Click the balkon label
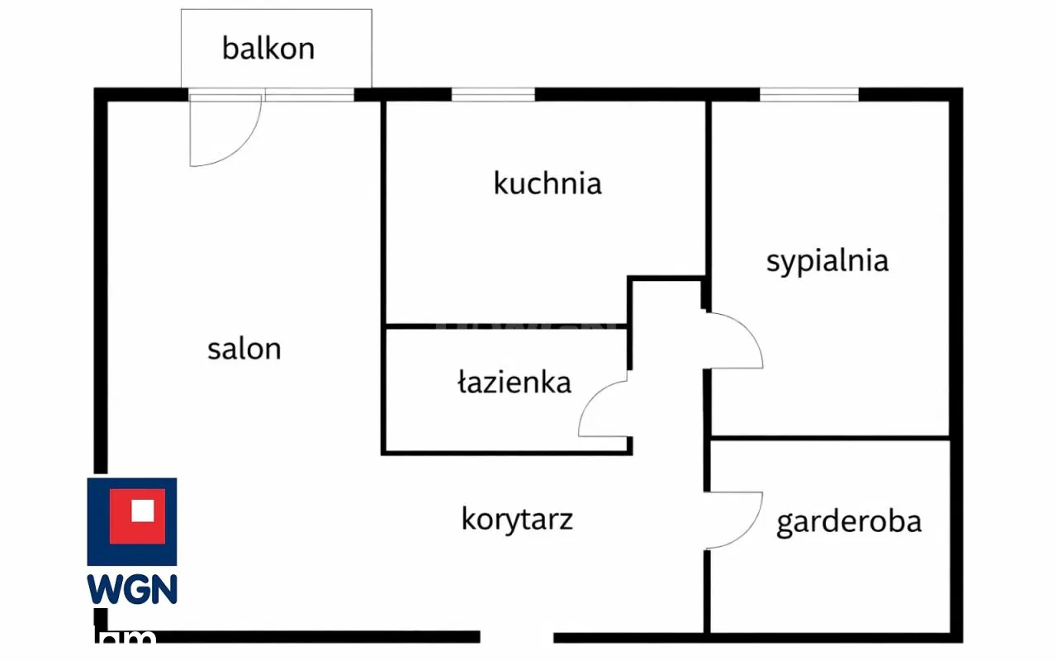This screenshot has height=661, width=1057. pos(268,48)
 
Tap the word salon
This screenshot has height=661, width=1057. pos(244,349)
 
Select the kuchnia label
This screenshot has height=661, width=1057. pos(547,183)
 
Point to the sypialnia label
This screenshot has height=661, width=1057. pos(827,261)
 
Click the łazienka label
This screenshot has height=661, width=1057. pos(514,382)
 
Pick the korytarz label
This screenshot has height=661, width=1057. pos(517,520)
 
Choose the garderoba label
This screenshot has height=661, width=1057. pos(849,522)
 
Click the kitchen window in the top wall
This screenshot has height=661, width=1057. pos(493,95)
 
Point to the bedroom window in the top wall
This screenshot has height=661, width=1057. pos(809,95)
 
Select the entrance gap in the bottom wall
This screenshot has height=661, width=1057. pos(517,637)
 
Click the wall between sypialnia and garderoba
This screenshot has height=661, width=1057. pos(830,437)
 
